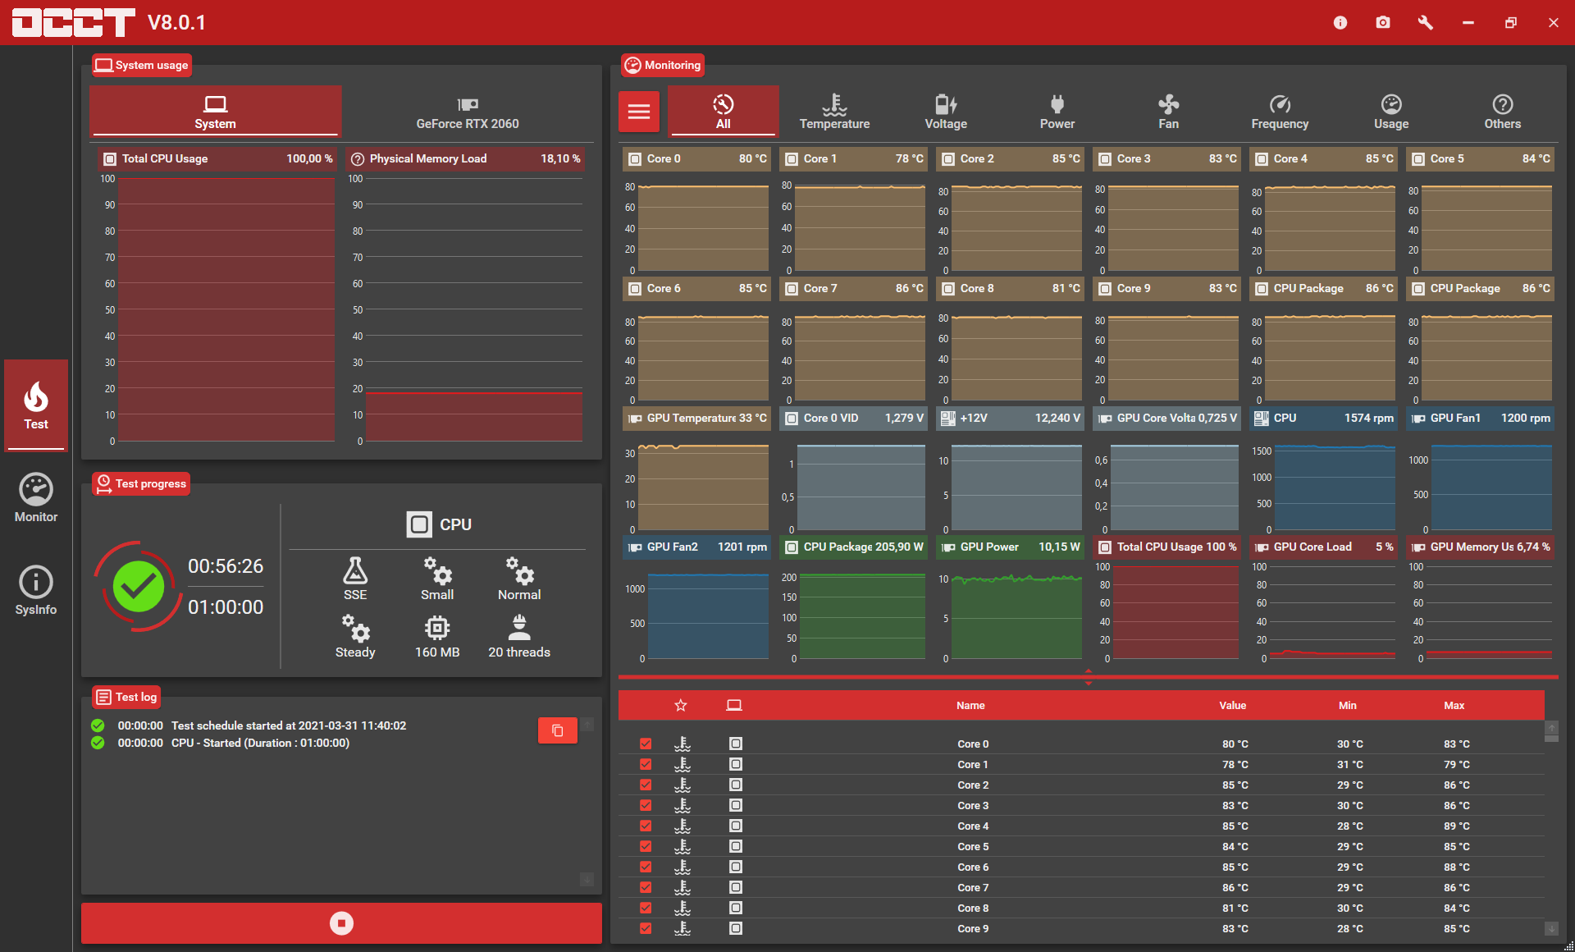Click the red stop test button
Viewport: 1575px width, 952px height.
point(341,923)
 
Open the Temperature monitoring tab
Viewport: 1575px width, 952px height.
point(834,112)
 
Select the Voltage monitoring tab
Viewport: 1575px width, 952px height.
point(946,112)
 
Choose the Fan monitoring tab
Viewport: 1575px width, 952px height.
point(1168,112)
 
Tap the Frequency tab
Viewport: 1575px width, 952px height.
point(1280,112)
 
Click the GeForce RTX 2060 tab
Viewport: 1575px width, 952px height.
point(468,112)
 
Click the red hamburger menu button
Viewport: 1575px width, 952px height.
point(639,112)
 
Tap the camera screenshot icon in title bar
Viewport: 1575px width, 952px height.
point(1383,22)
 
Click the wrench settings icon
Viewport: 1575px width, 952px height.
point(1426,22)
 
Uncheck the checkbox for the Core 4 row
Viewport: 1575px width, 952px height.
point(646,826)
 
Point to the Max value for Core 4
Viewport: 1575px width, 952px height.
point(1457,826)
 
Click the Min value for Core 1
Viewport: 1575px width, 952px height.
point(1350,764)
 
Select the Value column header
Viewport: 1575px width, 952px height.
point(1232,705)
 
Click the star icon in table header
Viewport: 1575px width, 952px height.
point(681,705)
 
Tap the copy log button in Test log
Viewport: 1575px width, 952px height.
point(558,730)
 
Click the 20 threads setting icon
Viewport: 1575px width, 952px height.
point(519,627)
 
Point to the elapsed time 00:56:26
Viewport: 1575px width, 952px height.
point(226,566)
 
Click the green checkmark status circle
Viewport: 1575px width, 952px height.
point(139,586)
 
